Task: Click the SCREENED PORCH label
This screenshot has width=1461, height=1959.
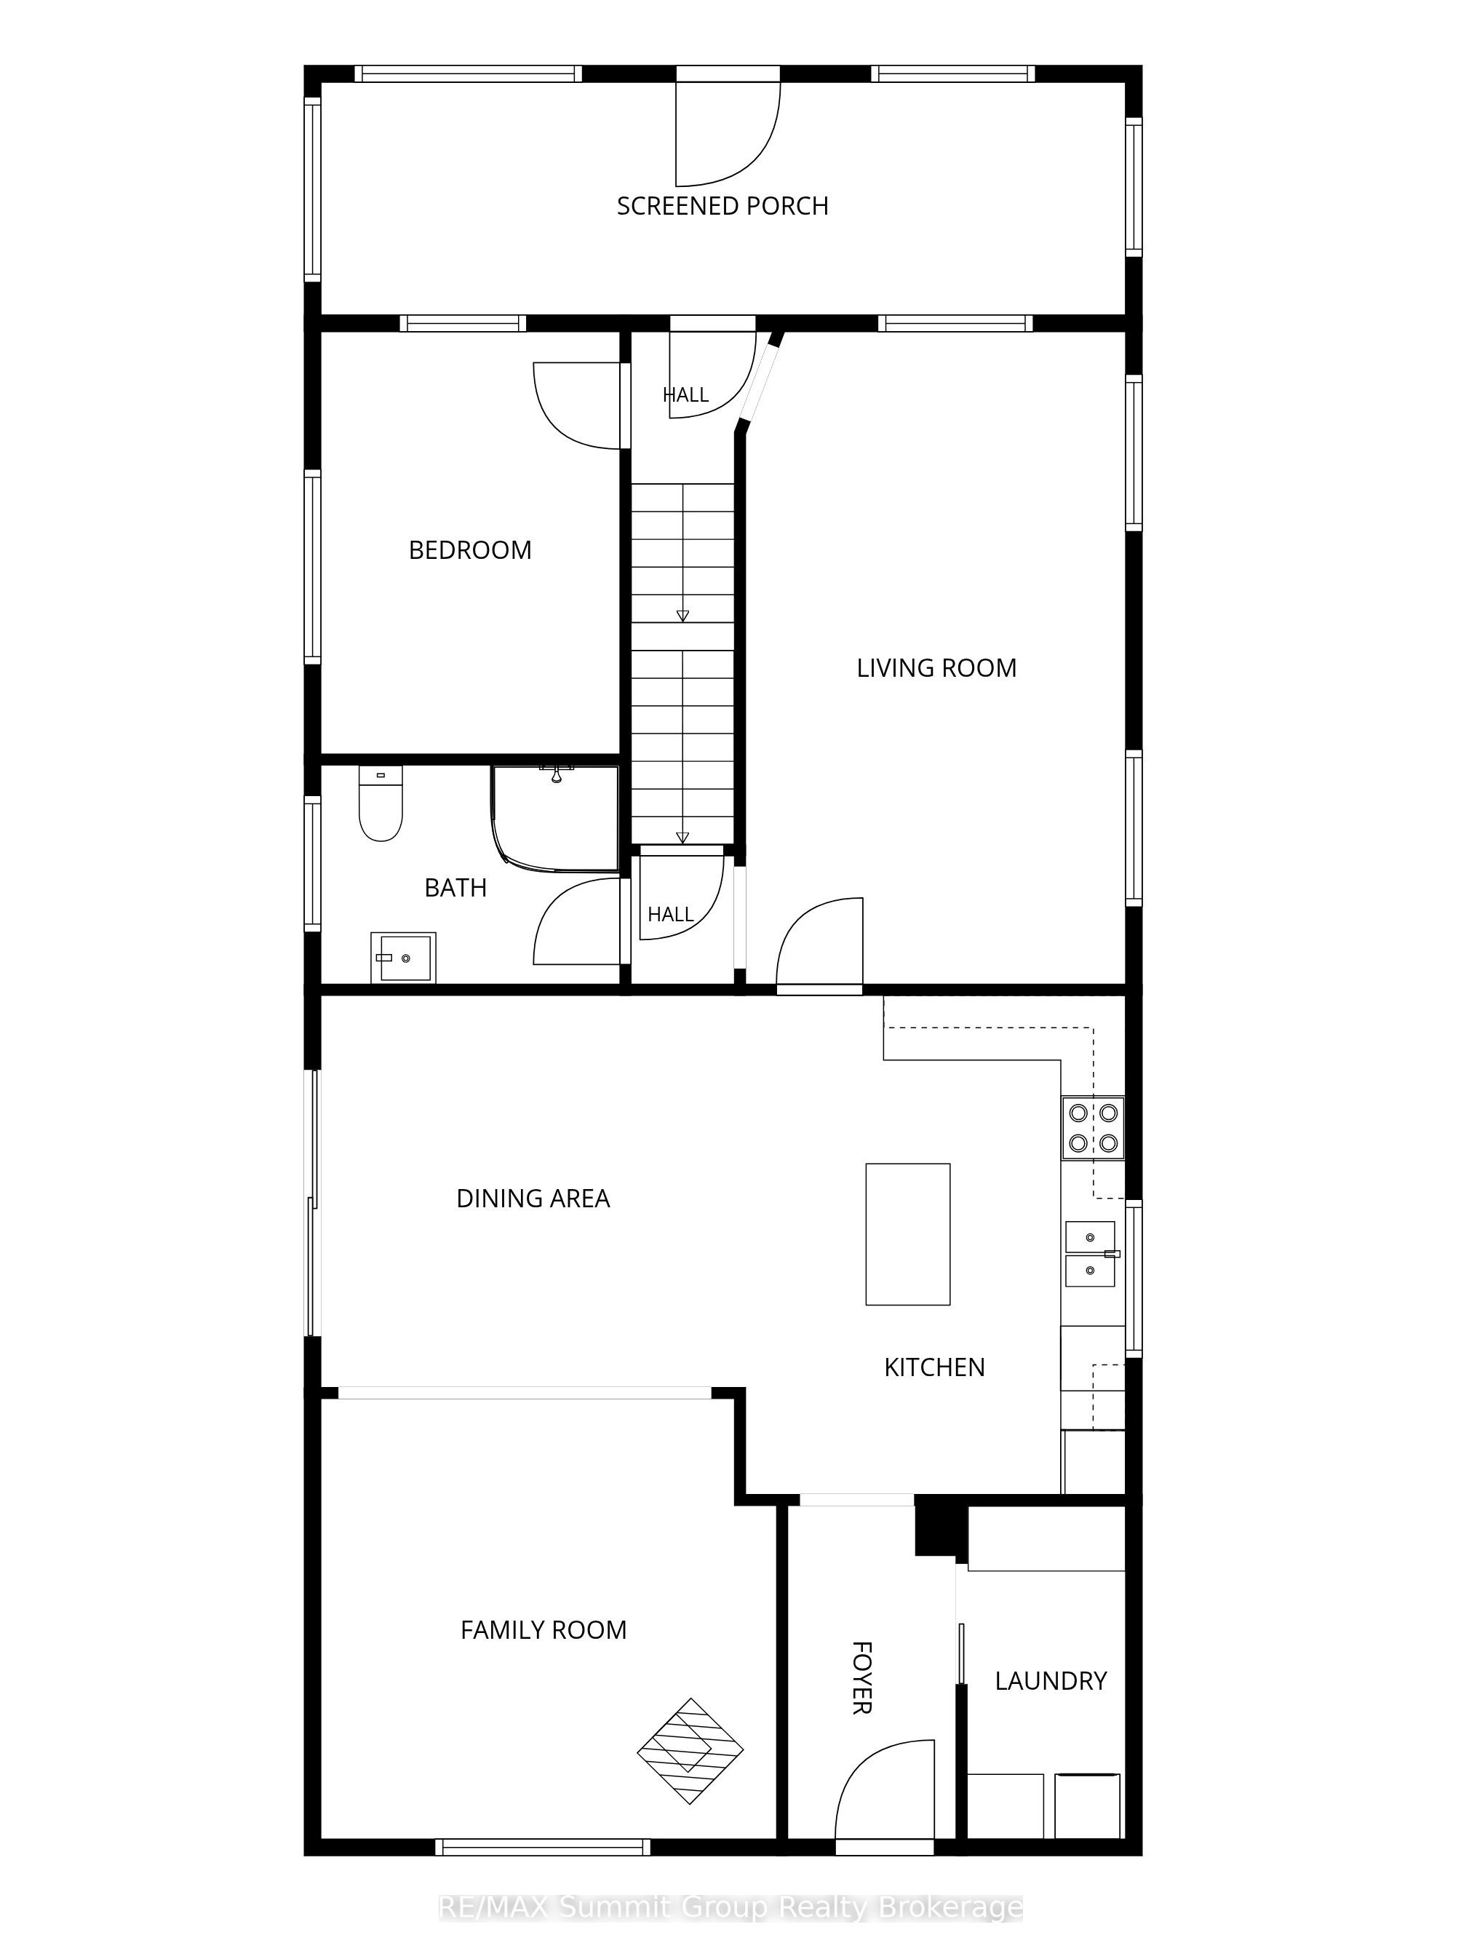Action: point(722,206)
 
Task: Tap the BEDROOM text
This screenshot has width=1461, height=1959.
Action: point(469,550)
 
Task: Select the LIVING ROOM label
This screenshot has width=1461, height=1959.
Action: point(936,668)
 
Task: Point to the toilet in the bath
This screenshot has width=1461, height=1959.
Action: point(381,803)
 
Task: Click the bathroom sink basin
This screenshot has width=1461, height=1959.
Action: point(403,957)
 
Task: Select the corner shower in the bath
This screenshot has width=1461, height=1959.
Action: point(555,818)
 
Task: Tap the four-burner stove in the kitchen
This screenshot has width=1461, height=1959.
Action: point(1093,1128)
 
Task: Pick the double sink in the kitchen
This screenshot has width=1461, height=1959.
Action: point(1091,1253)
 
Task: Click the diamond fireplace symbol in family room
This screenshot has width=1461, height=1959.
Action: point(690,1750)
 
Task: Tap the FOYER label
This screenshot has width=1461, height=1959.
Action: point(861,1678)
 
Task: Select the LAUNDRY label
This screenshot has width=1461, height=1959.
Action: point(1051,1680)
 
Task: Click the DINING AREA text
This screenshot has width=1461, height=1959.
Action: point(533,1199)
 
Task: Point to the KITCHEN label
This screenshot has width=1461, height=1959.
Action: point(934,1367)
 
